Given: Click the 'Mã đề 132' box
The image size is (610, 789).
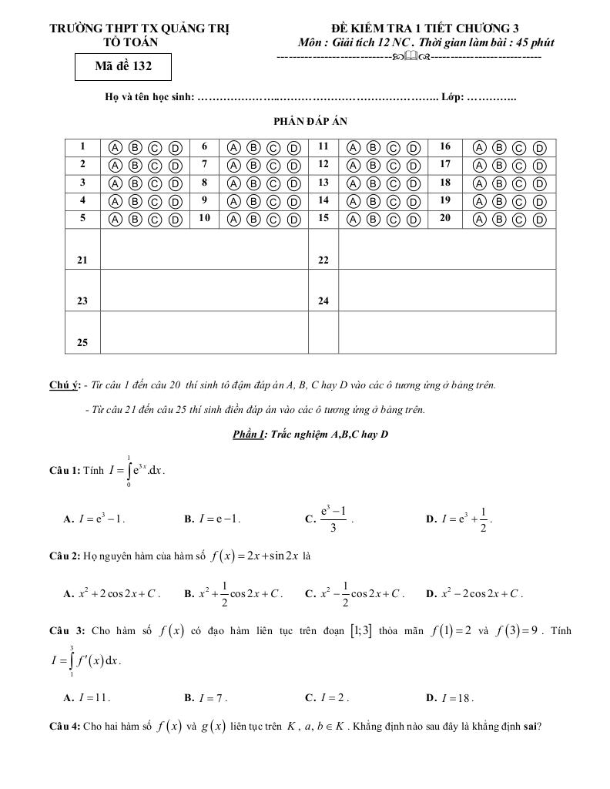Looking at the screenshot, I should (x=123, y=66).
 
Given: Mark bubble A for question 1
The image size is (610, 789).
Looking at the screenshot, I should (x=115, y=147).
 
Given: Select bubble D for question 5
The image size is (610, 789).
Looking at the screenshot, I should (x=175, y=220).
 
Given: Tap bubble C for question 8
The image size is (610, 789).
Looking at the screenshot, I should (x=273, y=183).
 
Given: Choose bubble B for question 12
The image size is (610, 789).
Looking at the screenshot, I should (x=373, y=165).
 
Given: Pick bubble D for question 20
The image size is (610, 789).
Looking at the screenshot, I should (x=539, y=220).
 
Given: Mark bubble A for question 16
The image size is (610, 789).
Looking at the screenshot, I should (x=480, y=147).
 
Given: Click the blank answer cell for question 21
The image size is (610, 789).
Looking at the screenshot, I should (x=204, y=249).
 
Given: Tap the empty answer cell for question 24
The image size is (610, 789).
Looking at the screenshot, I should (x=447, y=290).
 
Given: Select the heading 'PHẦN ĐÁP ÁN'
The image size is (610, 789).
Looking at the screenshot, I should (x=305, y=121).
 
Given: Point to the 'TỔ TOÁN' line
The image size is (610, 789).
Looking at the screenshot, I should (x=140, y=42).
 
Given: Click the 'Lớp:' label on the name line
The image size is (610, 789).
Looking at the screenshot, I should (x=453, y=98).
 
